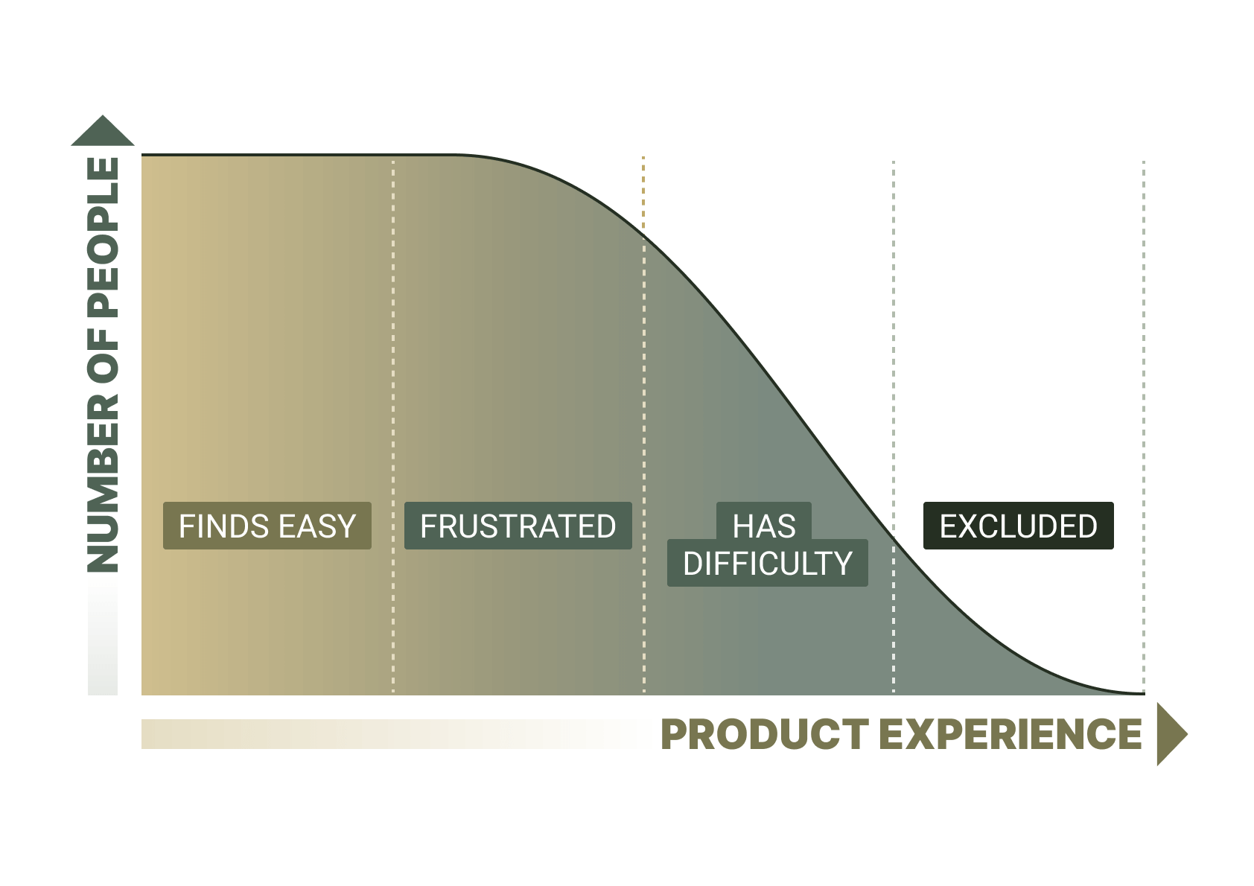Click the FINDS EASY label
pyautogui.click(x=267, y=526)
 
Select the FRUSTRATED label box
pyautogui.click(x=518, y=526)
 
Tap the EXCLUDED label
pyautogui.click(x=1018, y=526)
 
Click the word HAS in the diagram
pyautogui.click(x=764, y=526)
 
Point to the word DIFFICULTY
pyautogui.click(x=767, y=564)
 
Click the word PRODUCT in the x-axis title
pyautogui.click(x=764, y=734)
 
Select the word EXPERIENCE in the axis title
pyautogui.click(x=1010, y=734)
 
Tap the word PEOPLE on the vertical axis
pyautogui.click(x=104, y=238)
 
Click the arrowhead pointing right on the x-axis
pyautogui.click(x=1171, y=734)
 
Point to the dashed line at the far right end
pyautogui.click(x=1144, y=372)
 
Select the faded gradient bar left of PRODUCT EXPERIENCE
pyautogui.click(x=372, y=734)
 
